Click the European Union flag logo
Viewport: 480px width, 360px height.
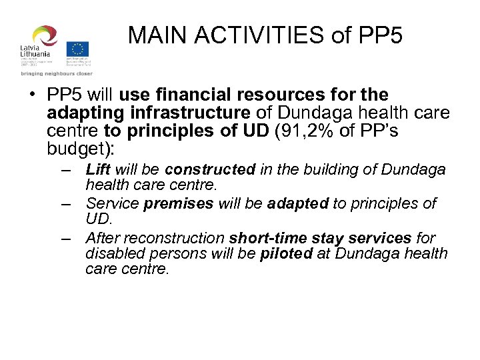pos(78,49)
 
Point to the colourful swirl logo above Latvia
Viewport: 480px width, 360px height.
pos(45,37)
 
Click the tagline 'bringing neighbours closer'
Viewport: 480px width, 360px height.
pos(56,73)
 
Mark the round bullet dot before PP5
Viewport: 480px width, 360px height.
pos(33,95)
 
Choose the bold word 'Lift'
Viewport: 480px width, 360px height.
pos(99,169)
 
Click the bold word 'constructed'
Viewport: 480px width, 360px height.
pos(211,169)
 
